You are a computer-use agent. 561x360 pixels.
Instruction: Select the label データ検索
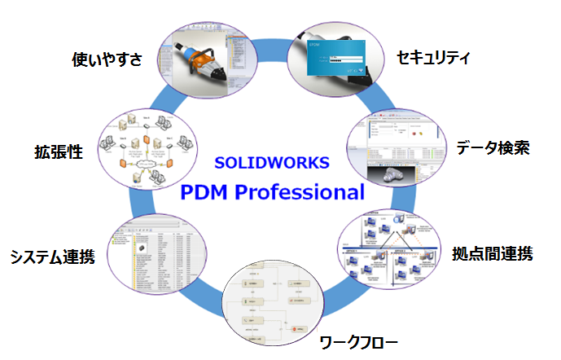point(493,148)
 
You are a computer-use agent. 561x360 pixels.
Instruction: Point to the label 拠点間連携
point(492,253)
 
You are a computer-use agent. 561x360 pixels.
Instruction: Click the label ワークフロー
point(358,340)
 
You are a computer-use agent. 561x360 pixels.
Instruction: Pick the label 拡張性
point(59,151)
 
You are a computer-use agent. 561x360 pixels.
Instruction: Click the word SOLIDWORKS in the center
point(272,162)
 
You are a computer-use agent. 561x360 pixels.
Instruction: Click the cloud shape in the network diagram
point(146,164)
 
